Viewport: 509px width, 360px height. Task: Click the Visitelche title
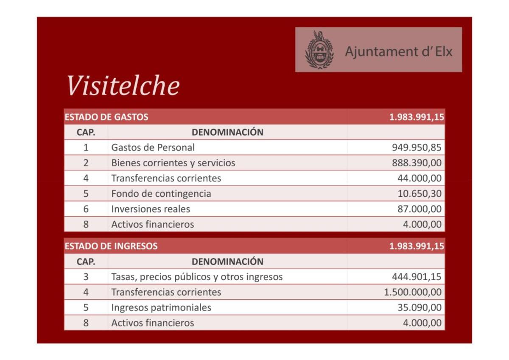click(123, 86)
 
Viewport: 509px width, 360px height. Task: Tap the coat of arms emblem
click(319, 50)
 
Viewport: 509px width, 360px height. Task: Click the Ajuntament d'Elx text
click(399, 52)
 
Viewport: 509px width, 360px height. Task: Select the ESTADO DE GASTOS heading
click(106, 117)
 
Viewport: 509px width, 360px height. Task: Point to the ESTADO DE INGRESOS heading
click(111, 246)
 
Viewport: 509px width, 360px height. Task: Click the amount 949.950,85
click(417, 148)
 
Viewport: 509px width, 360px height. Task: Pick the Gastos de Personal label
click(153, 148)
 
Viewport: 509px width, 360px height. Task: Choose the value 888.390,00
click(417, 163)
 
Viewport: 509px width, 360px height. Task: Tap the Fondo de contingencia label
click(161, 194)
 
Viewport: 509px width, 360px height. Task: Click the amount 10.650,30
click(419, 194)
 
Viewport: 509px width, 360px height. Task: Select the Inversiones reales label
click(151, 209)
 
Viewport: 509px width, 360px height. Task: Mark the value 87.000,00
click(419, 209)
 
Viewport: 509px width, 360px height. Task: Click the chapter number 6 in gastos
click(86, 209)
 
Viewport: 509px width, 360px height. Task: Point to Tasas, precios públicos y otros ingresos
click(197, 277)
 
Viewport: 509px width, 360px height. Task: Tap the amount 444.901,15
click(417, 277)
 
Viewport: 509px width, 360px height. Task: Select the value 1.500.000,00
click(413, 292)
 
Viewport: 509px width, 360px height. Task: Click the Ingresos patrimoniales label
click(161, 307)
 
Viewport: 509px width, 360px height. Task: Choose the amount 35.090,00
click(419, 307)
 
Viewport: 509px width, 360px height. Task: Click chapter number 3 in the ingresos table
click(86, 277)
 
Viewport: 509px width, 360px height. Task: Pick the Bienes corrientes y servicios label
click(173, 163)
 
